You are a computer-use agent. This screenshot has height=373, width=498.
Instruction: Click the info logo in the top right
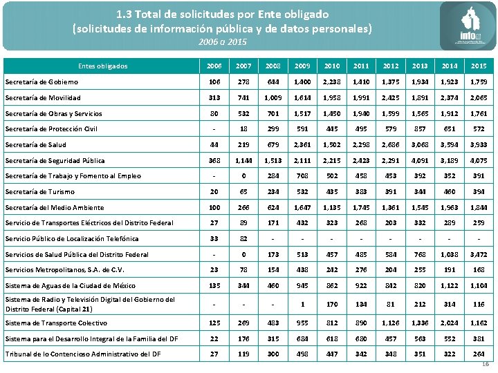coord(468,26)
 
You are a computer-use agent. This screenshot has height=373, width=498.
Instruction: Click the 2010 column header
coord(331,66)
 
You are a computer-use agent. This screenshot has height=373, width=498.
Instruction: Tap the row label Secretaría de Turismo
coord(39,191)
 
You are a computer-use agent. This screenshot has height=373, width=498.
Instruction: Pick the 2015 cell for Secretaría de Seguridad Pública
coord(478,160)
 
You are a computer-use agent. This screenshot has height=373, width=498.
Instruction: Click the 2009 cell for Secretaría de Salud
coord(302,144)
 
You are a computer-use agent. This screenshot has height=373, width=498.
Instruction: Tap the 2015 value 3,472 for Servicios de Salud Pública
coord(478,254)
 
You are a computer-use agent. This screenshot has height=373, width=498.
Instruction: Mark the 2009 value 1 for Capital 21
coord(302,304)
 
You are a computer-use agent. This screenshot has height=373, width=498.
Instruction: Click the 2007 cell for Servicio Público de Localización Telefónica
coord(243,238)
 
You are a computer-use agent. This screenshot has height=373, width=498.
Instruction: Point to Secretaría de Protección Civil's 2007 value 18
coord(243,128)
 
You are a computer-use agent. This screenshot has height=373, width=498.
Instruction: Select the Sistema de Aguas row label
coord(70,285)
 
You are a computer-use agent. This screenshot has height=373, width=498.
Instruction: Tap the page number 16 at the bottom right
coord(485,365)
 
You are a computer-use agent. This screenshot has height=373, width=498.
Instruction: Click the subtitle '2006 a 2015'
coord(222,42)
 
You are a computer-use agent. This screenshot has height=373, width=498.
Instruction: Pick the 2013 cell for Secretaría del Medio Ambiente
coord(420,207)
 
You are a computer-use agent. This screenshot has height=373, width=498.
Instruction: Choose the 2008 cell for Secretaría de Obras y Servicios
coord(273,113)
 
